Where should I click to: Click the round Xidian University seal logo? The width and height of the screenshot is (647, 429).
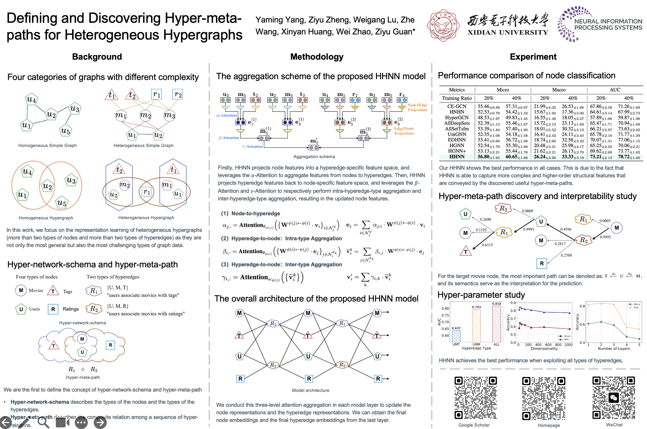point(443,25)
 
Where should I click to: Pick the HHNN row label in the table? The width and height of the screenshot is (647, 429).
point(457,157)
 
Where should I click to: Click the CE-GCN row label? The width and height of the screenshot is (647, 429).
point(457,106)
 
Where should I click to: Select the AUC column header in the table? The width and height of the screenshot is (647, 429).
point(615,90)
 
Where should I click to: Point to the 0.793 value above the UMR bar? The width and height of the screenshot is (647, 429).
point(476,307)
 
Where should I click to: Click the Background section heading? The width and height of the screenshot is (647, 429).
point(97,57)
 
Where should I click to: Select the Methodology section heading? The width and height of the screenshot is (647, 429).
point(316,57)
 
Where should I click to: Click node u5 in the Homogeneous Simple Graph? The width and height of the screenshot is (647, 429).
point(65,131)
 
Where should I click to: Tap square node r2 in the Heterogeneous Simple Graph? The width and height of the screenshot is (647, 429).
point(177,95)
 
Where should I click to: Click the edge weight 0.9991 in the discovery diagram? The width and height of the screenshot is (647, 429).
point(528,229)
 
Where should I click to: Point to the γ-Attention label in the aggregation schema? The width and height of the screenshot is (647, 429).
point(252,147)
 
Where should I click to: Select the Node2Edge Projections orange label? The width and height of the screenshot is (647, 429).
point(417,107)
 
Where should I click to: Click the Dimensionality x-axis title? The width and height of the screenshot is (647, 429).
point(544,348)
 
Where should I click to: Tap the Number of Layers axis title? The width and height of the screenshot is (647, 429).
point(613,348)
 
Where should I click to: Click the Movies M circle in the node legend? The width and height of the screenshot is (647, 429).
point(21,290)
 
